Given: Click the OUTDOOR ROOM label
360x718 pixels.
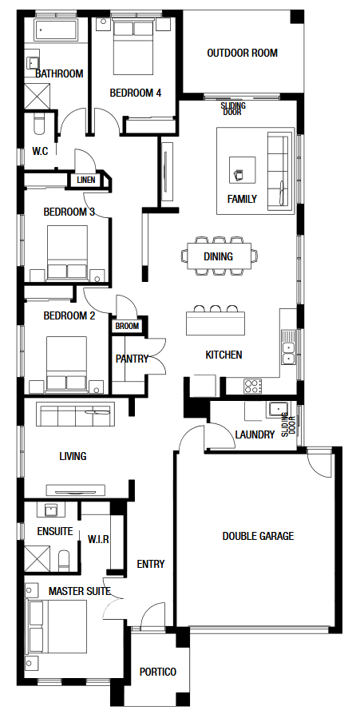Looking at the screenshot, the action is click(x=242, y=54).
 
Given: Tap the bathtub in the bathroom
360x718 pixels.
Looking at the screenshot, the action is click(x=57, y=30).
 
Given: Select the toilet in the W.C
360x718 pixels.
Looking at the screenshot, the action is click(x=39, y=124).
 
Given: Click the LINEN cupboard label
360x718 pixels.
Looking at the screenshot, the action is click(x=86, y=180).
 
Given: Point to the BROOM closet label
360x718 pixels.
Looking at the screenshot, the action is click(x=127, y=327).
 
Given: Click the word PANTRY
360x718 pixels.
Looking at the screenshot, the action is click(x=132, y=359).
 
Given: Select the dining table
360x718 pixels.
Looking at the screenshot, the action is click(x=219, y=256).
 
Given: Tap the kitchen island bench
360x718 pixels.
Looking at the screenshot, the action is click(x=215, y=323).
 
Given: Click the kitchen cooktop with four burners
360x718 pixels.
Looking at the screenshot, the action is click(x=253, y=386).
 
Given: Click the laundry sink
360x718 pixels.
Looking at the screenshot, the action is click(x=278, y=408).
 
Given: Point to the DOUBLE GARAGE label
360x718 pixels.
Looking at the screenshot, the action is click(x=258, y=536).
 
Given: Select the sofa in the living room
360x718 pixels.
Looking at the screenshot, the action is click(x=76, y=415).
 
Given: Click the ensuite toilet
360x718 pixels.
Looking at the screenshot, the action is click(x=64, y=560).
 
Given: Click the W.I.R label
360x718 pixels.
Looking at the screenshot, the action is click(x=98, y=539).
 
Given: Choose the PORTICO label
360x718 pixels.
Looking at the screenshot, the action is click(x=158, y=672).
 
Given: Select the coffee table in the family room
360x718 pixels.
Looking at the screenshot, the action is click(x=243, y=170).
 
